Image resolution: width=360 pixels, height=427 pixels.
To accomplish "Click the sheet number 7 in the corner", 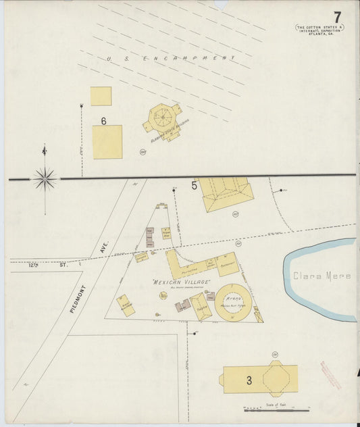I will [x=337, y=16].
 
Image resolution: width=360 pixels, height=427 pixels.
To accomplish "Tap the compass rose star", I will [x=45, y=178].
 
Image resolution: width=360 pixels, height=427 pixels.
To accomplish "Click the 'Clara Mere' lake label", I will [x=322, y=276].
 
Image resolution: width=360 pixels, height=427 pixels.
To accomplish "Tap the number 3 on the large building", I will [x=249, y=380].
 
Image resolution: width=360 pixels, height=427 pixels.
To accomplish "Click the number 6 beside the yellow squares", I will [x=103, y=121].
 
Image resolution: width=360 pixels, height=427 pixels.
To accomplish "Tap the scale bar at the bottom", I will [x=277, y=409].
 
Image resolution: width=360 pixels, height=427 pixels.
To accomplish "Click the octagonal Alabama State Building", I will [x=163, y=118].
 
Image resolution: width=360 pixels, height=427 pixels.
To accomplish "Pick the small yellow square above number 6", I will [x=101, y=96].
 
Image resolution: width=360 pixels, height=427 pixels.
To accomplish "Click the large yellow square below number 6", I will [x=107, y=142].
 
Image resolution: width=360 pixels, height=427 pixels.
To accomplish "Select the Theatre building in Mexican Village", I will [x=200, y=306].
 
